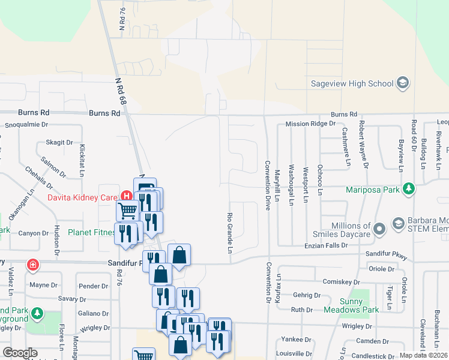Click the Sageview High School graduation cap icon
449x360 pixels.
[x=403, y=83]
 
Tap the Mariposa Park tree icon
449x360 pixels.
[x=409, y=190]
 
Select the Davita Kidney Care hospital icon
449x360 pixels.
[x=126, y=196]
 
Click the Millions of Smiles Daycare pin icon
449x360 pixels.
[x=379, y=229]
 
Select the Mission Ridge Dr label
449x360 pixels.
[x=310, y=124]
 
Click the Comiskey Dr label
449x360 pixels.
[x=340, y=281]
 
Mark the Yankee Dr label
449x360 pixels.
[x=291, y=339]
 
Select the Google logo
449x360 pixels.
[x=20, y=353]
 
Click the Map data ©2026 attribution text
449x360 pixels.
[x=423, y=355]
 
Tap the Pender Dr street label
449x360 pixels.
[x=92, y=286]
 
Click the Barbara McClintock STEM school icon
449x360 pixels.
[x=398, y=224]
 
